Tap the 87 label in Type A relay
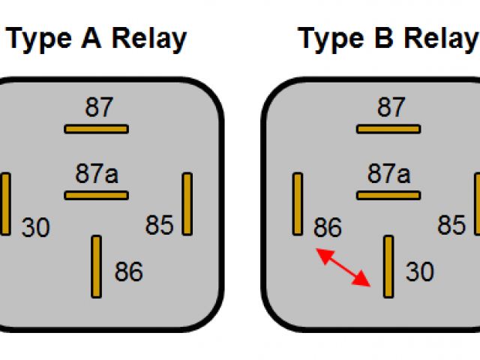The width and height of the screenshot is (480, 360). point(98,108)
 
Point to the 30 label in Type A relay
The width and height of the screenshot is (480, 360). point(35,227)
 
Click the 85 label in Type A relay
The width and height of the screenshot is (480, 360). point(160,225)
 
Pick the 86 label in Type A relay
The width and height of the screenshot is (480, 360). point(128,271)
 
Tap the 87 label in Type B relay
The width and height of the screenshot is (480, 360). point(390,108)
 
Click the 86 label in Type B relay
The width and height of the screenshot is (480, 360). point(327,227)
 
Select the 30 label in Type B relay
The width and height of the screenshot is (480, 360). point(420,271)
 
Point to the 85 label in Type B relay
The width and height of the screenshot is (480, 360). point(451,225)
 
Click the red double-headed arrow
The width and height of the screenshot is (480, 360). point(344,268)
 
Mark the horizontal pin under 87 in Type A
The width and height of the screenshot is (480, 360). point(96,129)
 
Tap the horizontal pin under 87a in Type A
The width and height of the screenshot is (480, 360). point(96,196)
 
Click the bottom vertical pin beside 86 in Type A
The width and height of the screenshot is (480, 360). point(96,266)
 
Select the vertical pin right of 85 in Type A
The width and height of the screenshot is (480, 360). point(187,203)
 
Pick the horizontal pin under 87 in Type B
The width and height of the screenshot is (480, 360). point(388,129)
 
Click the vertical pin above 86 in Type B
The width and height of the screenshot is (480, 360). point(298,203)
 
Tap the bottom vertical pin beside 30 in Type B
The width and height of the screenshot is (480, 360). point(388,266)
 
